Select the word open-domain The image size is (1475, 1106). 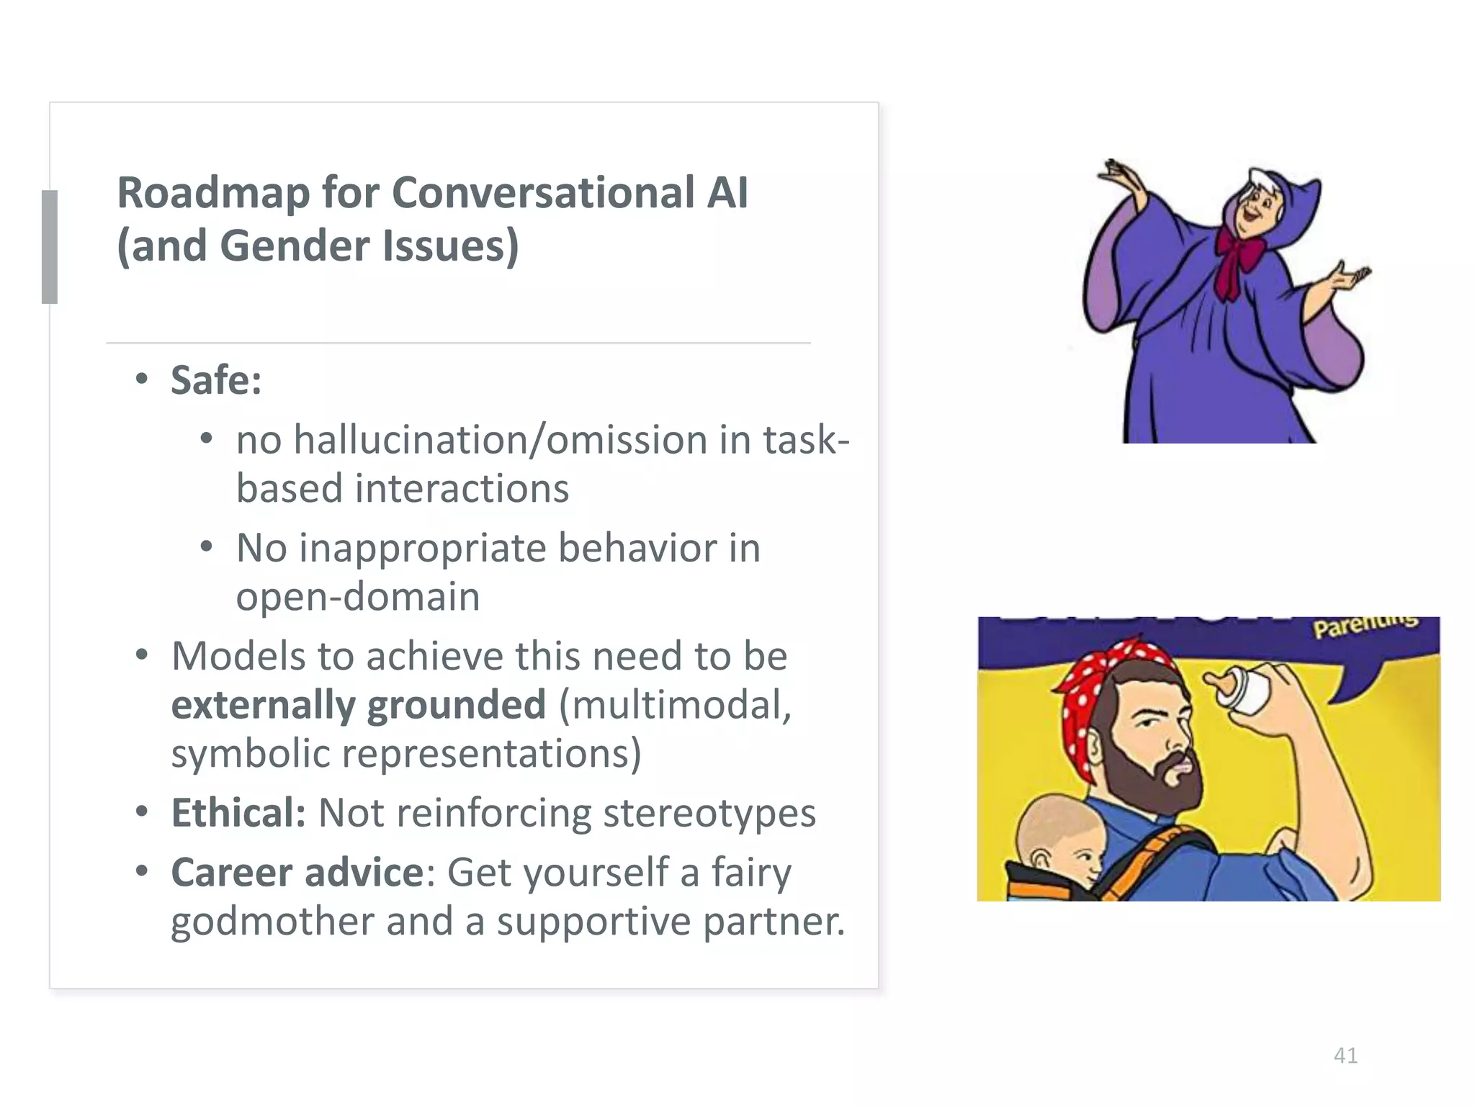point(358,597)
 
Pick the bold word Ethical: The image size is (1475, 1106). point(238,814)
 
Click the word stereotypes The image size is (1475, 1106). point(709,814)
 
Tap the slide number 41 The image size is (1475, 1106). point(1345,1056)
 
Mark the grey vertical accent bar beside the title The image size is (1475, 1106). point(50,246)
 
